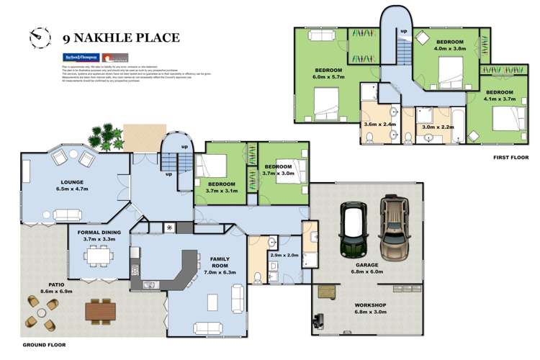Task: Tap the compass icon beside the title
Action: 38,35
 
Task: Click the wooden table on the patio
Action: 100,310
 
